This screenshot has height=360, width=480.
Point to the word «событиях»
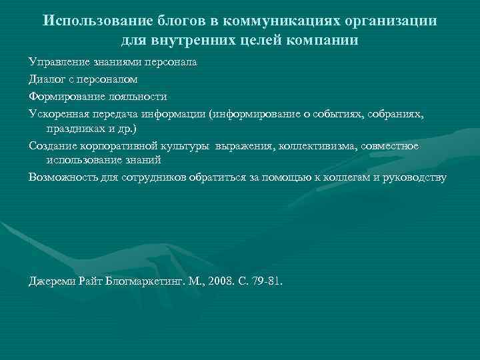coord(343,113)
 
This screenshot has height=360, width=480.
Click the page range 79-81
coord(265,281)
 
